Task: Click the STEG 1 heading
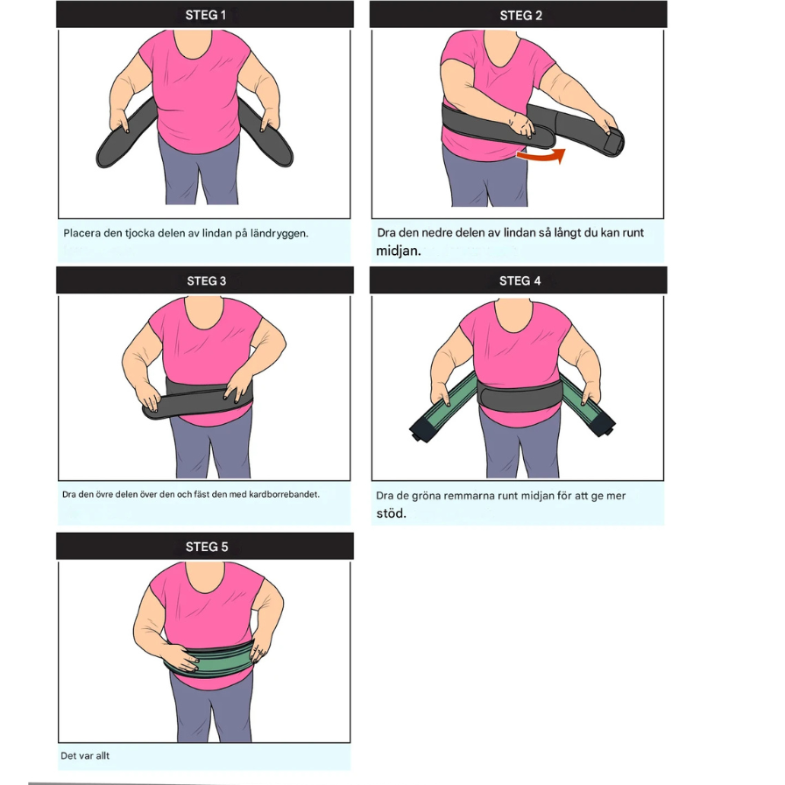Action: (205, 15)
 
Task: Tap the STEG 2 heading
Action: (520, 16)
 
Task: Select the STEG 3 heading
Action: (206, 281)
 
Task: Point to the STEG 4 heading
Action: (520, 281)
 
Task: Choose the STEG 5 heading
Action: (206, 547)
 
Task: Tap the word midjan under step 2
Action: (398, 251)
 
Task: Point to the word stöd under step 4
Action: (391, 513)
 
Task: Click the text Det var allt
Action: (85, 755)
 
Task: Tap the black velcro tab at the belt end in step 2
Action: (614, 143)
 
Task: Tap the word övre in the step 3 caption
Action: (104, 495)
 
